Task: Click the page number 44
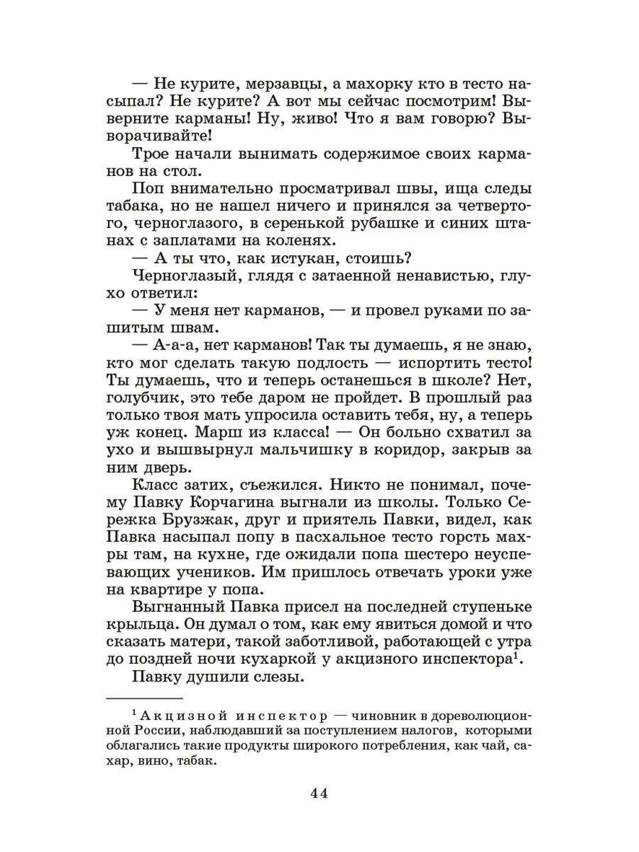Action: pyautogui.click(x=319, y=793)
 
